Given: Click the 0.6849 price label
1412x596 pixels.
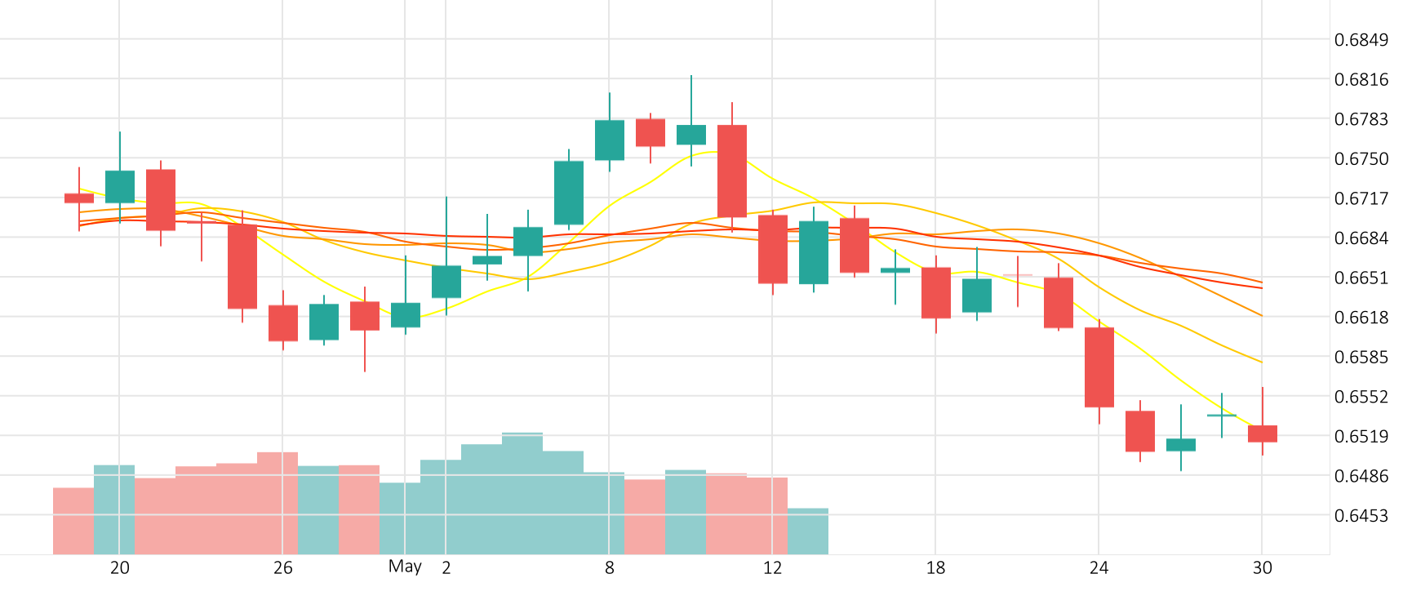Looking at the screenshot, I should coord(1361,40).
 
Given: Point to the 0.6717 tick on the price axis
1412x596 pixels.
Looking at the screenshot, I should coord(1361,198).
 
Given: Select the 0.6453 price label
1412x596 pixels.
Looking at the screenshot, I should coord(1361,515).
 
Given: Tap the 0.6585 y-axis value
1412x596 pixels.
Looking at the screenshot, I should coord(1361,357).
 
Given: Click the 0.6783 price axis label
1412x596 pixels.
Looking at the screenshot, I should coord(1361,119).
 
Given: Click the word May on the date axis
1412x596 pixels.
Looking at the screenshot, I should coord(405,567).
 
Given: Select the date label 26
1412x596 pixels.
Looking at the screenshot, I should coord(282,567).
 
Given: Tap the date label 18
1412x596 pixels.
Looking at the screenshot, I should coord(935,567).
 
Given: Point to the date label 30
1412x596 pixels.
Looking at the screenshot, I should coord(1262,567).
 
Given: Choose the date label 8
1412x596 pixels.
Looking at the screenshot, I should coord(609,567).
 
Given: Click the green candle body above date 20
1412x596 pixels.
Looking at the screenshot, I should coord(120,186).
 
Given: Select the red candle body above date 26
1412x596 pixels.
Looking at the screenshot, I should coord(283,322).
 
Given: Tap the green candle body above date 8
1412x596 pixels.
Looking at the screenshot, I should coord(610,140).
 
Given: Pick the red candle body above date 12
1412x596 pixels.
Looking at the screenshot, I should coord(773,249).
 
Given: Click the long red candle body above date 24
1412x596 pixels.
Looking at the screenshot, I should coord(1099,367).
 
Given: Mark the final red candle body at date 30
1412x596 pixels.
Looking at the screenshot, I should coord(1263,434).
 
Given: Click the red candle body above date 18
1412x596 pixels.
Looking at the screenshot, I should coord(936,292).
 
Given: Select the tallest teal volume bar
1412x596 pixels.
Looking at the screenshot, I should coord(522,493).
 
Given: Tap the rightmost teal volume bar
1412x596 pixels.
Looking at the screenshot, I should coord(808,531).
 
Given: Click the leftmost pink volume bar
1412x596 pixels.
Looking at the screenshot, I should coord(73,521).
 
